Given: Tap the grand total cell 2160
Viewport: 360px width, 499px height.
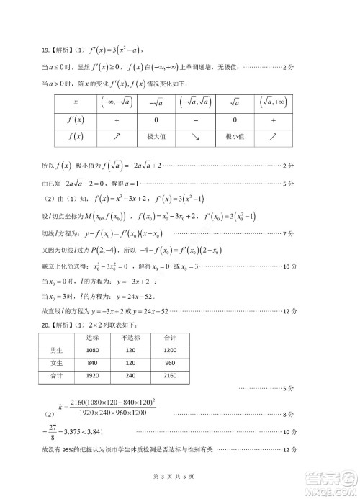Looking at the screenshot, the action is [170, 375].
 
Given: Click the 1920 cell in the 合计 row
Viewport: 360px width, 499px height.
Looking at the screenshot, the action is [93, 375].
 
